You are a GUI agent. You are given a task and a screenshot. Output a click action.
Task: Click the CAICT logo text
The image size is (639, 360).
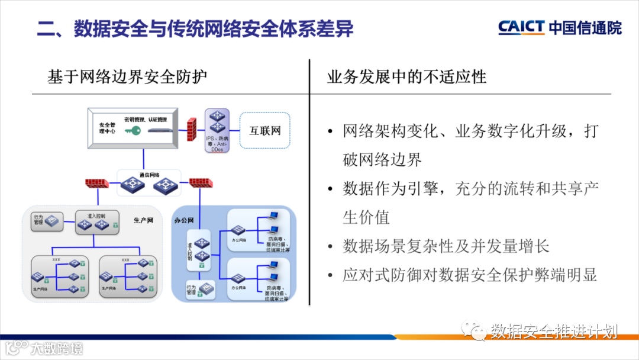(521, 28)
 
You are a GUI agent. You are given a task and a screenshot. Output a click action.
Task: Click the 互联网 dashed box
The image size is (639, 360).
(264, 131)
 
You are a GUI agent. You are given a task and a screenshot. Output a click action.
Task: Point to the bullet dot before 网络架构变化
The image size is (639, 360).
(330, 131)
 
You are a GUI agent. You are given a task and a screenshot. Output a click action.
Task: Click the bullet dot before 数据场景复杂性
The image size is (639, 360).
(330, 246)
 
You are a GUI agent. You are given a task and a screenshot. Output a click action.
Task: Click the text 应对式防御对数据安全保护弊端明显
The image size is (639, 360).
(470, 275)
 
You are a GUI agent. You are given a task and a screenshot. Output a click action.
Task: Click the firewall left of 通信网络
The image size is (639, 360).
(97, 182)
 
